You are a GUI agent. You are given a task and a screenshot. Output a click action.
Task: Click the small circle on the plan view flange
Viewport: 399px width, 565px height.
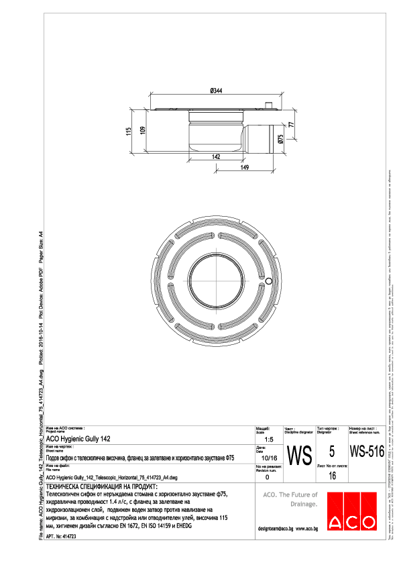tap(268, 280)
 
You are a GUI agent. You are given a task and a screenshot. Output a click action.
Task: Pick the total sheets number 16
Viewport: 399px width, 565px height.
tap(332, 476)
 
